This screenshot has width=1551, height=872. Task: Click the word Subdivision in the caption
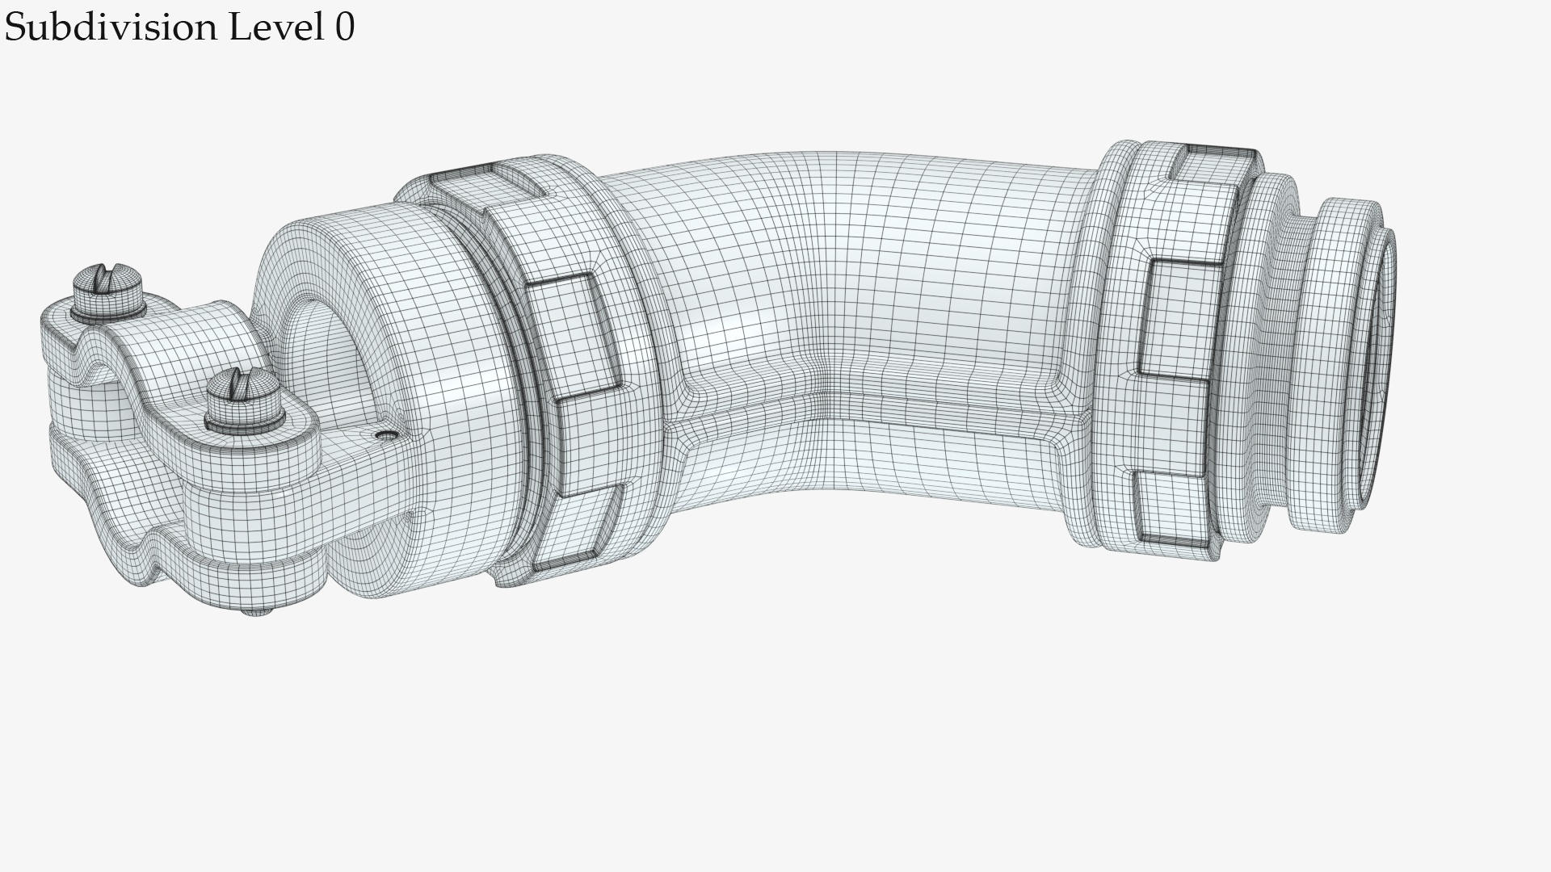111,27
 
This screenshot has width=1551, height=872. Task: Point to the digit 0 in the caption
344,27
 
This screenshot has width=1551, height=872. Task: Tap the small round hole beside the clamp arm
389,435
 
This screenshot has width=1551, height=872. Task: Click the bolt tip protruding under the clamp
257,611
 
